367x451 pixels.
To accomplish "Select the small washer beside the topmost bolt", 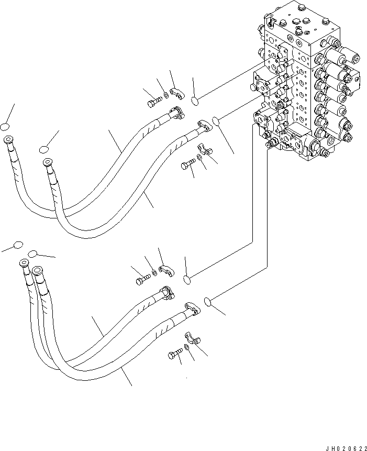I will coord(166,95).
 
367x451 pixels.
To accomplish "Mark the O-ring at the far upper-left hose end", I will coord(5,127).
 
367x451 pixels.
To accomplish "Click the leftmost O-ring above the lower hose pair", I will coord(18,245).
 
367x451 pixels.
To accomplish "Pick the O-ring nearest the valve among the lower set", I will coord(208,301).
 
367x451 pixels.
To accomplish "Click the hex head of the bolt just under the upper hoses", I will coord(185,166).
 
